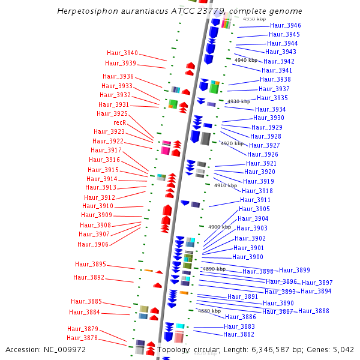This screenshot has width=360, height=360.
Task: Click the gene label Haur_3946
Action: coord(285,25)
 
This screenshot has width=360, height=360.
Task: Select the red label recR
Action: coord(119,122)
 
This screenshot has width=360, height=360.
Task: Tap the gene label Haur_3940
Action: coord(122,53)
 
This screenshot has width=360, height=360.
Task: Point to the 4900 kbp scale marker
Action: coord(219,227)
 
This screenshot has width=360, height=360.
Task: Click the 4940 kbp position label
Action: coord(245,60)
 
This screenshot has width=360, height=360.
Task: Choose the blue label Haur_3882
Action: coord(239,334)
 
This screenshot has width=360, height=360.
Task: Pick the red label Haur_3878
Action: coord(82,338)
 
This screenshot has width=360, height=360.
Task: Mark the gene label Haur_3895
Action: coord(90,264)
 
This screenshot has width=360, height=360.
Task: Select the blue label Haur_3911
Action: coord(255,200)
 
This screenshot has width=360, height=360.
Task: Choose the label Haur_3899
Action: coord(295,270)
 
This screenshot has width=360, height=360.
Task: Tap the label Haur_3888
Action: coord(313,311)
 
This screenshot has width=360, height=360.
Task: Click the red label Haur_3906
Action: coord(93,244)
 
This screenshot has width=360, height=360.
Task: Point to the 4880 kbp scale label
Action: coord(209,311)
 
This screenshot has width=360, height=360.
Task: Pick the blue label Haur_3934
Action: coord(270,109)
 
